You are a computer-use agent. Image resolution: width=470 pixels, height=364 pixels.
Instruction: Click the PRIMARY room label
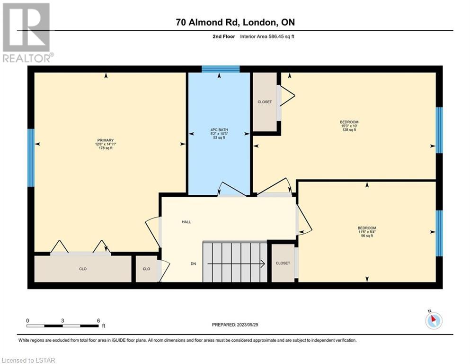point(106,140)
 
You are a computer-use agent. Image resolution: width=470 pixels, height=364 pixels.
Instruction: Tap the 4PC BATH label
point(219,130)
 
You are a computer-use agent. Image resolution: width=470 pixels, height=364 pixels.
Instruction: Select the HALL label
point(186,222)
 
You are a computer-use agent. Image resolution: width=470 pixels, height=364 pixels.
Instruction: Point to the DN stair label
point(193,264)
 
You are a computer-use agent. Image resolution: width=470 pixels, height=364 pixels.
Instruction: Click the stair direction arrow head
point(263,264)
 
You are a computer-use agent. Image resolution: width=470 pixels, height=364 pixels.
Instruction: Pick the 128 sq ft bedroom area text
point(349,130)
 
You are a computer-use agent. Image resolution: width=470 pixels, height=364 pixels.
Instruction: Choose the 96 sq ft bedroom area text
point(367,236)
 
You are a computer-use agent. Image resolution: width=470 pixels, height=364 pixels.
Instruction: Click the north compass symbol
point(434,320)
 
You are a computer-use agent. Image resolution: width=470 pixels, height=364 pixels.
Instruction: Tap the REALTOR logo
point(27,32)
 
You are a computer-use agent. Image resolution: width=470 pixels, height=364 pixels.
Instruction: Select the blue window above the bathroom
point(221,69)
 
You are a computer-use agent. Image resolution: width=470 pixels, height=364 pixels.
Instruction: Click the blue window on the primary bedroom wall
point(31,158)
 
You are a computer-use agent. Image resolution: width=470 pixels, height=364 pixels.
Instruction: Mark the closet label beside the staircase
point(283,263)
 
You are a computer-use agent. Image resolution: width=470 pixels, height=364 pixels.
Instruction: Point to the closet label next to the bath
point(265,102)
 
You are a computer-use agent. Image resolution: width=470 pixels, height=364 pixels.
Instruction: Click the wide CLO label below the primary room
point(83,269)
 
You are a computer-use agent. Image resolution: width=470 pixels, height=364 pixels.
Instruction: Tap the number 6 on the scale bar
point(98,320)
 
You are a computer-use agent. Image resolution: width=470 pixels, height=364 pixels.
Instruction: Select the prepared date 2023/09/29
point(247,325)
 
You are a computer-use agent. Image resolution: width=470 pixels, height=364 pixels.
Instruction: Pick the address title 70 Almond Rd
point(208,22)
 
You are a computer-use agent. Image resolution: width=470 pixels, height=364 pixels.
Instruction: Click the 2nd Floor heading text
point(223,36)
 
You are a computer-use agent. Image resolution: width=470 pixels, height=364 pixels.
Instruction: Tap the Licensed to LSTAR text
point(28,360)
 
